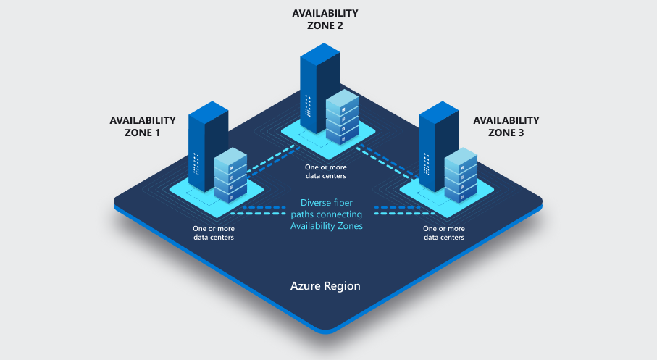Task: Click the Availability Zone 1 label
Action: [x=143, y=126]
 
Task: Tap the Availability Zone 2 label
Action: [x=325, y=19]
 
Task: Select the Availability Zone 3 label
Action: [x=506, y=126]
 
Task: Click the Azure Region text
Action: [x=325, y=285]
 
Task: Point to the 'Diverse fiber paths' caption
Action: [x=326, y=214]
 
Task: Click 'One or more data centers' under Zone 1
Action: [x=213, y=233]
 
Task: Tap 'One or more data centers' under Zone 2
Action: [x=326, y=171]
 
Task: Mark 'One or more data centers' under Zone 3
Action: [x=443, y=233]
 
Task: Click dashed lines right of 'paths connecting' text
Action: [x=395, y=211]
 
